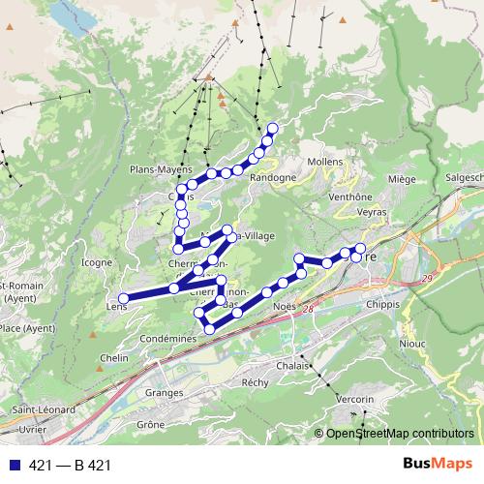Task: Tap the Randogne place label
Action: point(272,178)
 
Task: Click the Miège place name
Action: point(401,179)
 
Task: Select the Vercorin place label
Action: point(354,399)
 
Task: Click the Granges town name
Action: point(164,393)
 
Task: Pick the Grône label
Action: point(150,424)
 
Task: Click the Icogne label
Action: point(97,262)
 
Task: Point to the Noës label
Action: point(284,305)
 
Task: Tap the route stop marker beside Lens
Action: point(124,298)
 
